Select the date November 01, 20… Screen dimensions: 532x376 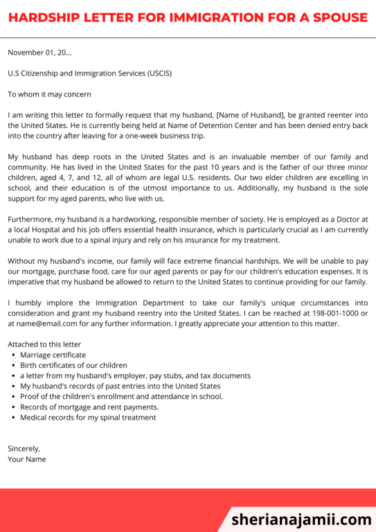39,52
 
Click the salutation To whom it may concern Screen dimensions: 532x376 49,94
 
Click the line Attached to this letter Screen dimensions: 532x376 44,344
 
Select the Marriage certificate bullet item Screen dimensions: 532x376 53,355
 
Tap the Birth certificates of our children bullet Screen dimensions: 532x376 73,365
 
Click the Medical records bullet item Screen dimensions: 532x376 88,418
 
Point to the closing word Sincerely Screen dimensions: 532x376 24,448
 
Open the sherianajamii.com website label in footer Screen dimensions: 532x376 301,519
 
